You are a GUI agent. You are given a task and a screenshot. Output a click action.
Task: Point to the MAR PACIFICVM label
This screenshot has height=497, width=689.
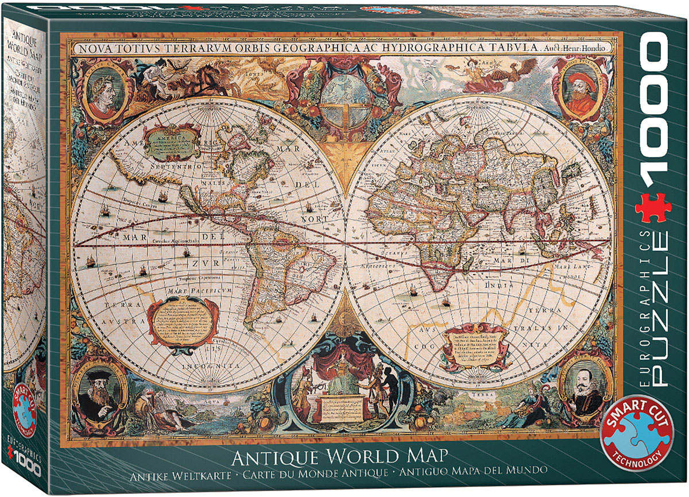click(x=195, y=292)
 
